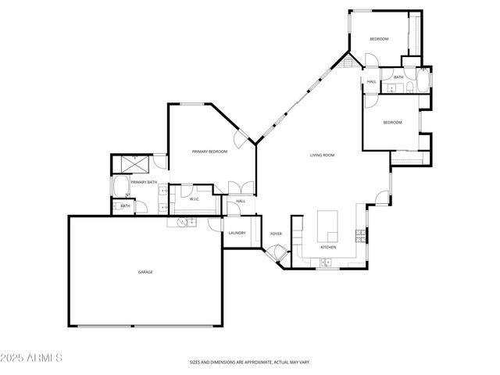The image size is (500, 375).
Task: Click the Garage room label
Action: pyautogui.click(x=145, y=272)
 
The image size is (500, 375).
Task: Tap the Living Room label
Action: pyautogui.click(x=322, y=155)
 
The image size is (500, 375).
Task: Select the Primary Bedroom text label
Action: pyautogui.click(x=209, y=151)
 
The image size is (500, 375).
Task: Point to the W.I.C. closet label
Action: pyautogui.click(x=195, y=199)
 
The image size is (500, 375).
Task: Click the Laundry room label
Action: pyautogui.click(x=237, y=233)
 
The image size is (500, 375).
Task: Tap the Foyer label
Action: pyautogui.click(x=276, y=234)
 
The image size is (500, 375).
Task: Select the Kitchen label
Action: pyautogui.click(x=328, y=248)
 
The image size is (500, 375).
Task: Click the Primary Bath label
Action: pyautogui.click(x=144, y=182)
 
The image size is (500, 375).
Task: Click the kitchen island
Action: pyautogui.click(x=327, y=226)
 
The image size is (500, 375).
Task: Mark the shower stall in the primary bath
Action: pyautogui.click(x=130, y=165)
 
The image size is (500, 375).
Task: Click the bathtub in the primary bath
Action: pyautogui.click(x=122, y=187)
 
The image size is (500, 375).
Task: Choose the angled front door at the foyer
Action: pyautogui.click(x=274, y=254)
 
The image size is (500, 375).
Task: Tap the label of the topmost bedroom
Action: pyautogui.click(x=379, y=39)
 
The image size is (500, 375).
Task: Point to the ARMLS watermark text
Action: pyautogui.click(x=32, y=358)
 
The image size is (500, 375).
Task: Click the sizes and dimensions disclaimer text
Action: pyautogui.click(x=250, y=362)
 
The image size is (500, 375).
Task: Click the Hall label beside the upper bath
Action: pyautogui.click(x=371, y=81)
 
